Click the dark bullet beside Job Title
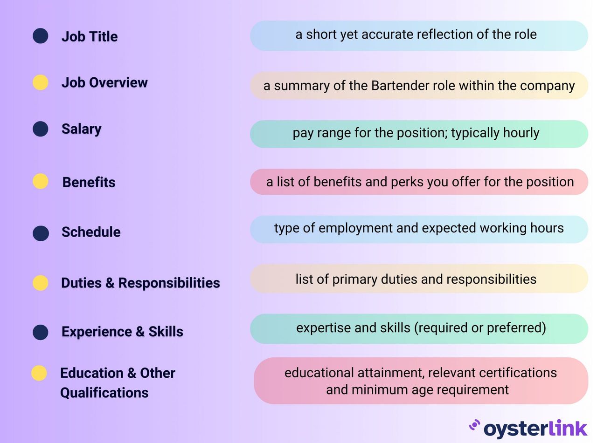[x=41, y=36]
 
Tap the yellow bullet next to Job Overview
[x=41, y=82]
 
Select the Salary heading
[x=81, y=129]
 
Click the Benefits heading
[x=89, y=182]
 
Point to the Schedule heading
[x=91, y=232]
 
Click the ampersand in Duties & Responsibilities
[x=110, y=283]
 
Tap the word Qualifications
[x=104, y=393]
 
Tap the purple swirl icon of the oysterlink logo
[x=474, y=425]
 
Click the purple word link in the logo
[x=567, y=428]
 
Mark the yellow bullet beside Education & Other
[x=39, y=373]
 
